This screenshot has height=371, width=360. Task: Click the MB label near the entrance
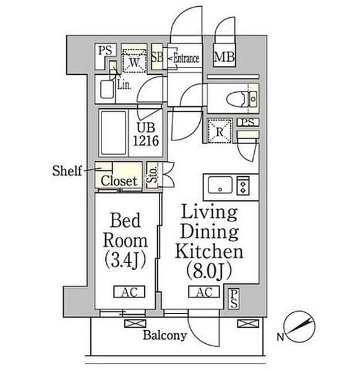coord(224,57)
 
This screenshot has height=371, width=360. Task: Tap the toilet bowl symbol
coord(237,100)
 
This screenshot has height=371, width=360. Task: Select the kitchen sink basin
coord(220,185)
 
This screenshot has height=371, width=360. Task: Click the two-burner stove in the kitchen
coord(243,185)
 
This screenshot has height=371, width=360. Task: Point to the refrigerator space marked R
coord(220,131)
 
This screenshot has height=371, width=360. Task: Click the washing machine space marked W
coord(134,61)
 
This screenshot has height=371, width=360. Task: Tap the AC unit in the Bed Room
coord(129,292)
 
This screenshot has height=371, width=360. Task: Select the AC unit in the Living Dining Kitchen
coord(204,292)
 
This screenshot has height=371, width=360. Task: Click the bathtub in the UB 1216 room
coord(113,133)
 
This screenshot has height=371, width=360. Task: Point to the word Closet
coord(119,181)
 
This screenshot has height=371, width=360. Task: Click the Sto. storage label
coord(152,174)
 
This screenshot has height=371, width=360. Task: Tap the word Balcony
coord(165,336)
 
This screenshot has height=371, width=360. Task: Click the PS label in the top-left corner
coord(105,50)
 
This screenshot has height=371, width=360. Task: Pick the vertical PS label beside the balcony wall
coord(234,299)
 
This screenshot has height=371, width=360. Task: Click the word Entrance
coord(186,58)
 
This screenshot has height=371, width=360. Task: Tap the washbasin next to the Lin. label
coord(107,89)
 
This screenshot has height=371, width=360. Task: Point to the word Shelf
coord(67,171)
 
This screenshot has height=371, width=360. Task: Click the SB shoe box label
coord(157,57)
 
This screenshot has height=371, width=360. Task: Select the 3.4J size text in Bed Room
coord(125,260)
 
